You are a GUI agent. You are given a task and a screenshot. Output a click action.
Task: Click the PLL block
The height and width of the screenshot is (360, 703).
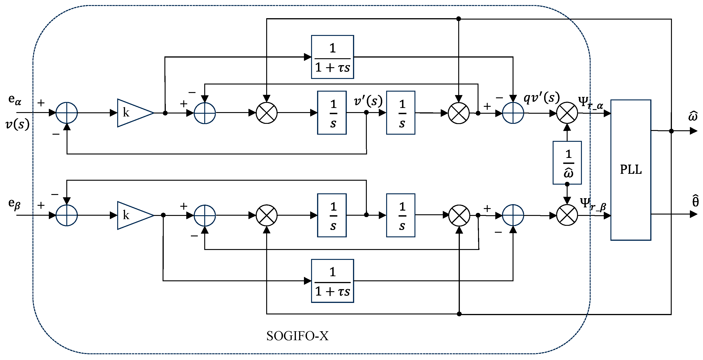[630, 170]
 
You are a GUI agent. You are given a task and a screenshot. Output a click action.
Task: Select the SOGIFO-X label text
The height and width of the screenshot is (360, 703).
[298, 336]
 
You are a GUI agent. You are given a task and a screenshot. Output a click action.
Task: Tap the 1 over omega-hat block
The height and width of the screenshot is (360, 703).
[567, 163]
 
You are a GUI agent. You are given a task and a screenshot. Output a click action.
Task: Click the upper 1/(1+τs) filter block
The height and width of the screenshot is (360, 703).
[333, 57]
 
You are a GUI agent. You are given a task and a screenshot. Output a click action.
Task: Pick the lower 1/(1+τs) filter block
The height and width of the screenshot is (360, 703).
[333, 281]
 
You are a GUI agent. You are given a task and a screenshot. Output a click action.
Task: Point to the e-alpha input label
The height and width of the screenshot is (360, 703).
[15, 99]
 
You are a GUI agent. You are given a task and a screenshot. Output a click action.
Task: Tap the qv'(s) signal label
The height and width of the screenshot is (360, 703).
[541, 98]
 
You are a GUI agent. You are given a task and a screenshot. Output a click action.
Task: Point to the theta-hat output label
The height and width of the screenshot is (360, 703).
[695, 201]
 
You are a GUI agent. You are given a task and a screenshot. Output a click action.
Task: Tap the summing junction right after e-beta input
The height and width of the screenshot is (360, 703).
[67, 215]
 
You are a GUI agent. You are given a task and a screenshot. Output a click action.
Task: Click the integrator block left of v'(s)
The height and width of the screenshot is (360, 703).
[332, 113]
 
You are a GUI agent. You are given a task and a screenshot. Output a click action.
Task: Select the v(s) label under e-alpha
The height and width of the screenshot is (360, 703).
[17, 125]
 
